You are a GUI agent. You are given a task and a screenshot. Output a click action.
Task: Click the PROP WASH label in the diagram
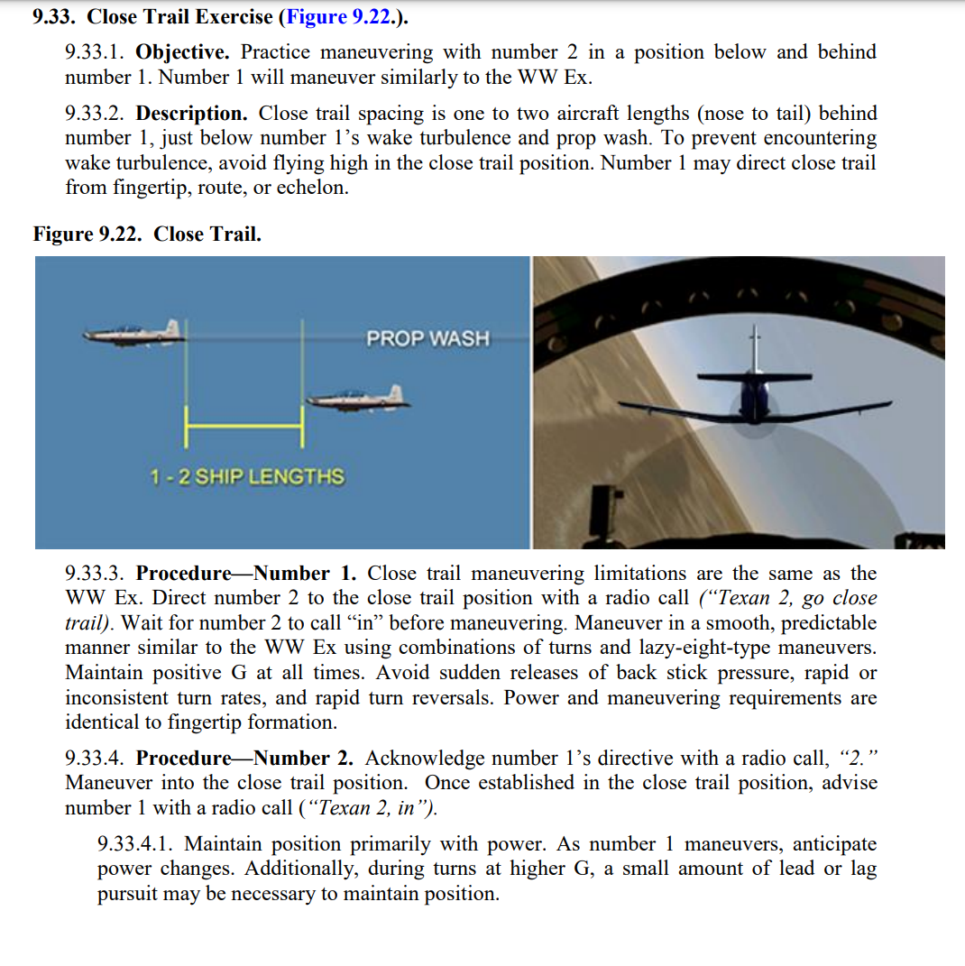427,339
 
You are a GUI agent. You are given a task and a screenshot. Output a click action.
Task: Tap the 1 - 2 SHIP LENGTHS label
247,476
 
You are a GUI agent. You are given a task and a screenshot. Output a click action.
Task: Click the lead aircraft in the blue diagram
134,334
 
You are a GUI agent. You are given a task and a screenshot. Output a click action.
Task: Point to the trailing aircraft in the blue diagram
358,397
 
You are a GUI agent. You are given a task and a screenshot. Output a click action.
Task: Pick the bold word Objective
184,52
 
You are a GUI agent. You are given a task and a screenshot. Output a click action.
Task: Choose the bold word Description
191,114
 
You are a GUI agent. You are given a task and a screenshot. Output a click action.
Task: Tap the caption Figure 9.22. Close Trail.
147,235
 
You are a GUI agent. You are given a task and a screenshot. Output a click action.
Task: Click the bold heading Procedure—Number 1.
246,574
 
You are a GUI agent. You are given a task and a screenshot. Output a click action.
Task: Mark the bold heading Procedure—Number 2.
246,759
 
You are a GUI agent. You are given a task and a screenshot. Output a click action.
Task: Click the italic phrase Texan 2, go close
791,598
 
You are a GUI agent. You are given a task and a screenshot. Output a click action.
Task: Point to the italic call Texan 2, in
370,808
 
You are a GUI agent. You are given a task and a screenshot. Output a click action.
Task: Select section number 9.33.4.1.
137,845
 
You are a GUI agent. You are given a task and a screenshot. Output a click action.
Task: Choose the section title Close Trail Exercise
179,16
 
